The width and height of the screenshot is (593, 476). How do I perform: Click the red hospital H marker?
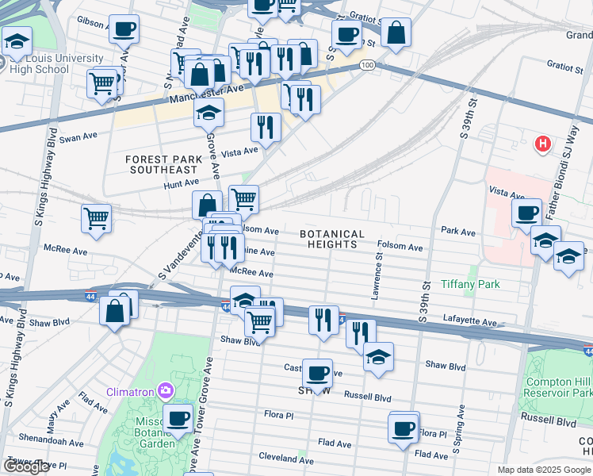click(x=543, y=144)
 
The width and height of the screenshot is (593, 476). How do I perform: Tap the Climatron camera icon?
click(x=165, y=390)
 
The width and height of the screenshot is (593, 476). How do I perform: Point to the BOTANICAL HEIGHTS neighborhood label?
click(x=332, y=240)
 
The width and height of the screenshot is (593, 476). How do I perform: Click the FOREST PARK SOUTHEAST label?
click(x=161, y=164)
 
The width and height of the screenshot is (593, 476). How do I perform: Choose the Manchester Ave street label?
click(x=206, y=93)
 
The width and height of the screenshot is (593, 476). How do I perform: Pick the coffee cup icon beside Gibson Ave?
click(x=123, y=30)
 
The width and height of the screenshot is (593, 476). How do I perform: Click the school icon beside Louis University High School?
click(x=16, y=41)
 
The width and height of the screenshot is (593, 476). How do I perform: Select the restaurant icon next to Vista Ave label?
click(x=266, y=126)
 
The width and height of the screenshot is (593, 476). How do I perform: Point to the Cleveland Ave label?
click(x=287, y=459)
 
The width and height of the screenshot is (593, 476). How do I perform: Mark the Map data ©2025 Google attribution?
click(x=543, y=470)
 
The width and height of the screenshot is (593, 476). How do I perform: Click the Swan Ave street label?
click(x=78, y=136)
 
